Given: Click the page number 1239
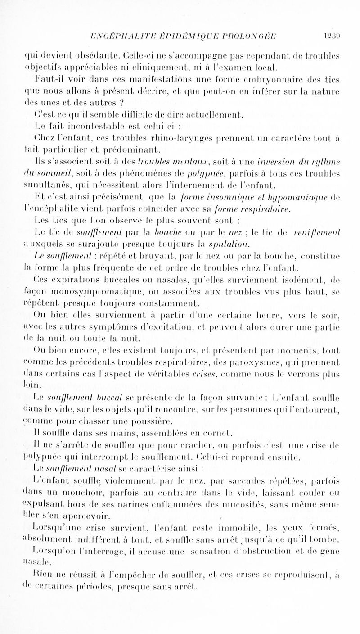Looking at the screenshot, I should tap(345, 37).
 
